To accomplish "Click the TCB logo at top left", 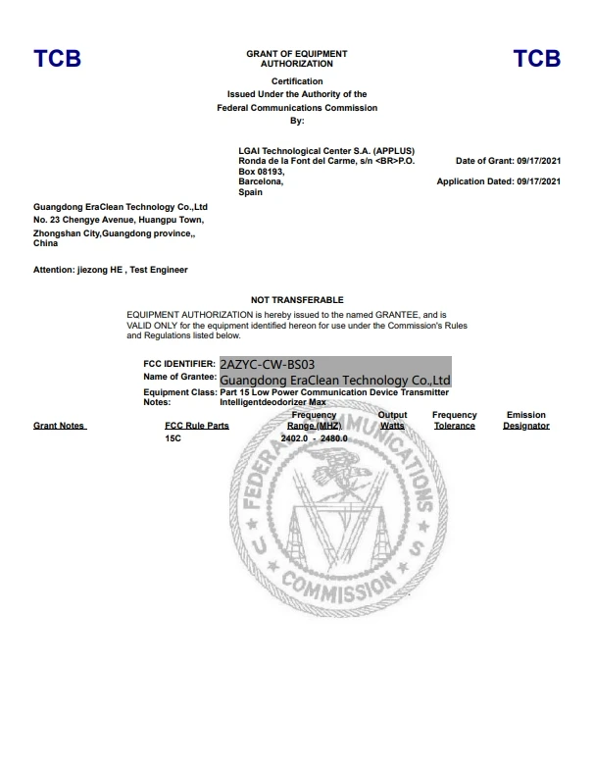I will click(x=57, y=59).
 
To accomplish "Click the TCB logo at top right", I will click(x=536, y=59).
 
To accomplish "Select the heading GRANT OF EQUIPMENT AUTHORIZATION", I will click(x=297, y=58).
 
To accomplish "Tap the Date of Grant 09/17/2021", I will click(x=509, y=160).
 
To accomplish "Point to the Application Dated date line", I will click(x=499, y=181).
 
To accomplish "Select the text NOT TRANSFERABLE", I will click(x=297, y=298).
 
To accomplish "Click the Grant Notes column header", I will click(x=59, y=426).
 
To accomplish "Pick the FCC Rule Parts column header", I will click(x=197, y=426).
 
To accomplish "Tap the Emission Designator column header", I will click(x=526, y=421).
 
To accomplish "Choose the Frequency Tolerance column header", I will click(x=455, y=421).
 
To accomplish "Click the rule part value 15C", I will click(x=173, y=438).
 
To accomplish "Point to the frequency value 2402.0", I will click(x=295, y=438).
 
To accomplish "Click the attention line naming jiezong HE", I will click(x=110, y=269).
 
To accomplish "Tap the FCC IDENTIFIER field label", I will click(x=179, y=364).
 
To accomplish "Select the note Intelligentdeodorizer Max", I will click(x=272, y=402).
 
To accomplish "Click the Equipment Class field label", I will click(x=179, y=391).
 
